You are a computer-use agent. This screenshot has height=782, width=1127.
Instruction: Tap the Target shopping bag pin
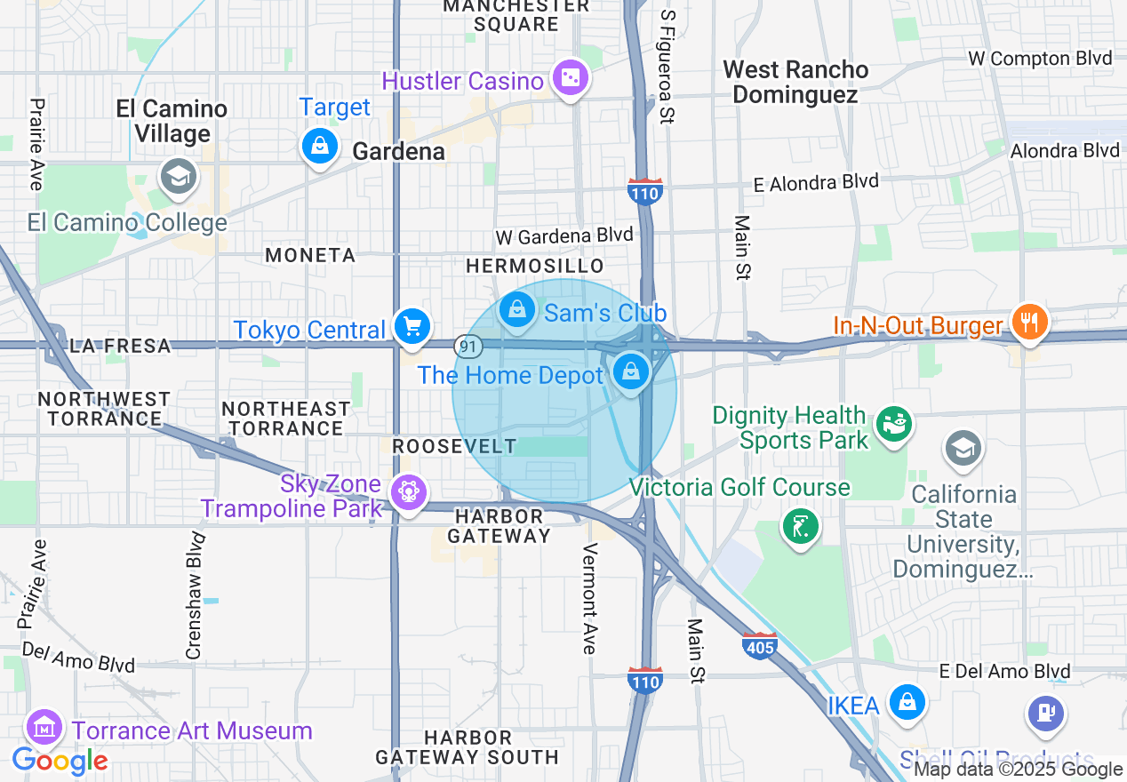[x=319, y=145]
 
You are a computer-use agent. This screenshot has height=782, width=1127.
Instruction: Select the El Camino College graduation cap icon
[x=178, y=176]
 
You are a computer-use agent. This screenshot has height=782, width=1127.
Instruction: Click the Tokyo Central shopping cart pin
[x=412, y=326]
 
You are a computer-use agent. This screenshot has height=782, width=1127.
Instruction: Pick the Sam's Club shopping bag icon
[x=516, y=309]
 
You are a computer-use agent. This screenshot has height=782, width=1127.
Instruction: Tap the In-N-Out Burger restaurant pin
[x=1030, y=321]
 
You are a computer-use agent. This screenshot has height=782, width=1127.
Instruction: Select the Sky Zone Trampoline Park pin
[x=409, y=491]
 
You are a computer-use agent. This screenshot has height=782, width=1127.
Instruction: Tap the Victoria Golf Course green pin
[x=800, y=527]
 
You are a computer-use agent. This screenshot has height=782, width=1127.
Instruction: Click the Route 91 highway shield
[x=468, y=345]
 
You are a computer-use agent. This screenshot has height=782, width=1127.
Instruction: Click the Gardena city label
[x=398, y=152]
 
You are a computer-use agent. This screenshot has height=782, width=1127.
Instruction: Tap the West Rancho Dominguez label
[x=795, y=82]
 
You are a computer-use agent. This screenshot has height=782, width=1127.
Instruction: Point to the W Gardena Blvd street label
[x=564, y=236]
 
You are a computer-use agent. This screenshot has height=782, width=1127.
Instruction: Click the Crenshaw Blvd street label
[x=194, y=595]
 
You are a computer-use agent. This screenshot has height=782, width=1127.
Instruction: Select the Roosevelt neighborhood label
[x=454, y=446]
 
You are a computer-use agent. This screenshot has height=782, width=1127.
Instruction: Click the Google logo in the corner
[x=60, y=761]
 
